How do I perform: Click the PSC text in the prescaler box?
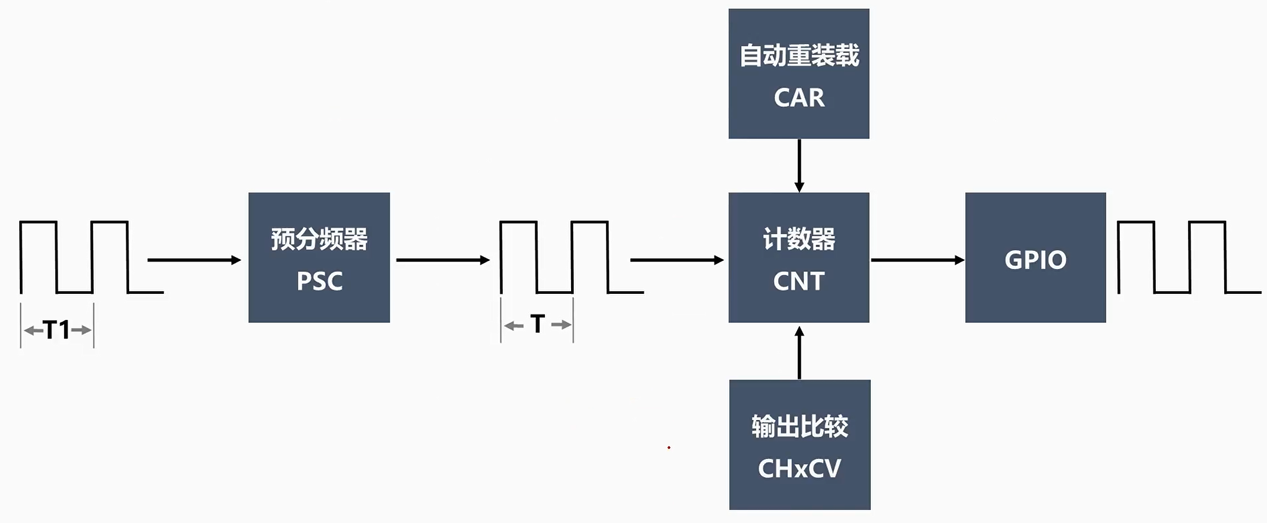[x=319, y=281]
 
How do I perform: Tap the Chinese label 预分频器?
[x=319, y=239]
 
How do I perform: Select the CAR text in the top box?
[x=799, y=98]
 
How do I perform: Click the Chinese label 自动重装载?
[x=799, y=56]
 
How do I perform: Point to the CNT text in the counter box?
[x=799, y=281]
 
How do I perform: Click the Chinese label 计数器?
[x=799, y=239]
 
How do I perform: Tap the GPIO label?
[x=1035, y=260]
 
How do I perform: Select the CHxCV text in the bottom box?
[x=800, y=468]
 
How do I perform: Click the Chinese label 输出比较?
[x=800, y=427]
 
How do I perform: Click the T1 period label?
[x=57, y=330]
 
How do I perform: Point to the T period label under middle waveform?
[x=538, y=324]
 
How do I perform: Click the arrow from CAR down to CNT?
[x=799, y=165]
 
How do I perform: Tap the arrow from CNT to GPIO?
[x=917, y=260]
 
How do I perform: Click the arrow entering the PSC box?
[x=194, y=260]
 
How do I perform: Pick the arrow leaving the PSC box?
[x=443, y=260]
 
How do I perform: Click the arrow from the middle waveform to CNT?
[x=677, y=260]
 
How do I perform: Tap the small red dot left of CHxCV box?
[x=669, y=447]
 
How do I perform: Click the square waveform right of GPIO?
[x=1189, y=257]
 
